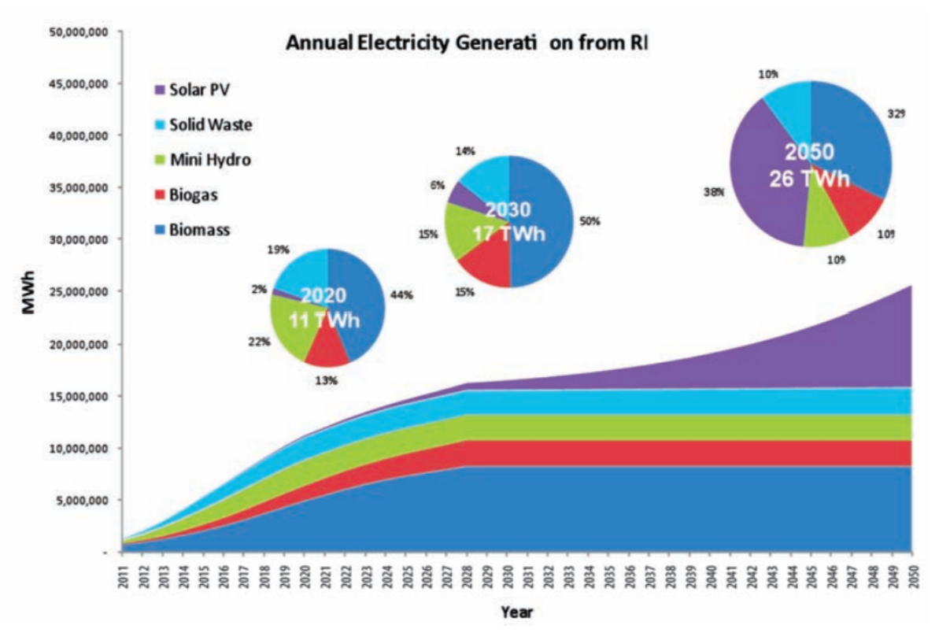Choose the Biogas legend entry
point(189,195)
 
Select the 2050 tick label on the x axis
point(911,578)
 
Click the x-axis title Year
point(518,612)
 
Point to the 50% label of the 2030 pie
point(590,222)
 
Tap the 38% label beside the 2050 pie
point(715,191)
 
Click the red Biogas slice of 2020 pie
point(327,349)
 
